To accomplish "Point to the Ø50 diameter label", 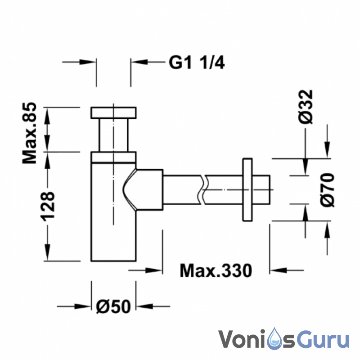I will point(113,306).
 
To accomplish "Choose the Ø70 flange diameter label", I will point(327,189).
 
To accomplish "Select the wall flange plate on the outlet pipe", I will point(247,189).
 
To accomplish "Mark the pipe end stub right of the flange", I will point(263,189).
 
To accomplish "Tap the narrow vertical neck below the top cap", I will point(114,135).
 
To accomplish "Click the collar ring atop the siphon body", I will point(114,157).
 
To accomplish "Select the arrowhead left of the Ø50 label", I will point(85,306).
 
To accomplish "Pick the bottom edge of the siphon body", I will point(114,261).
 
